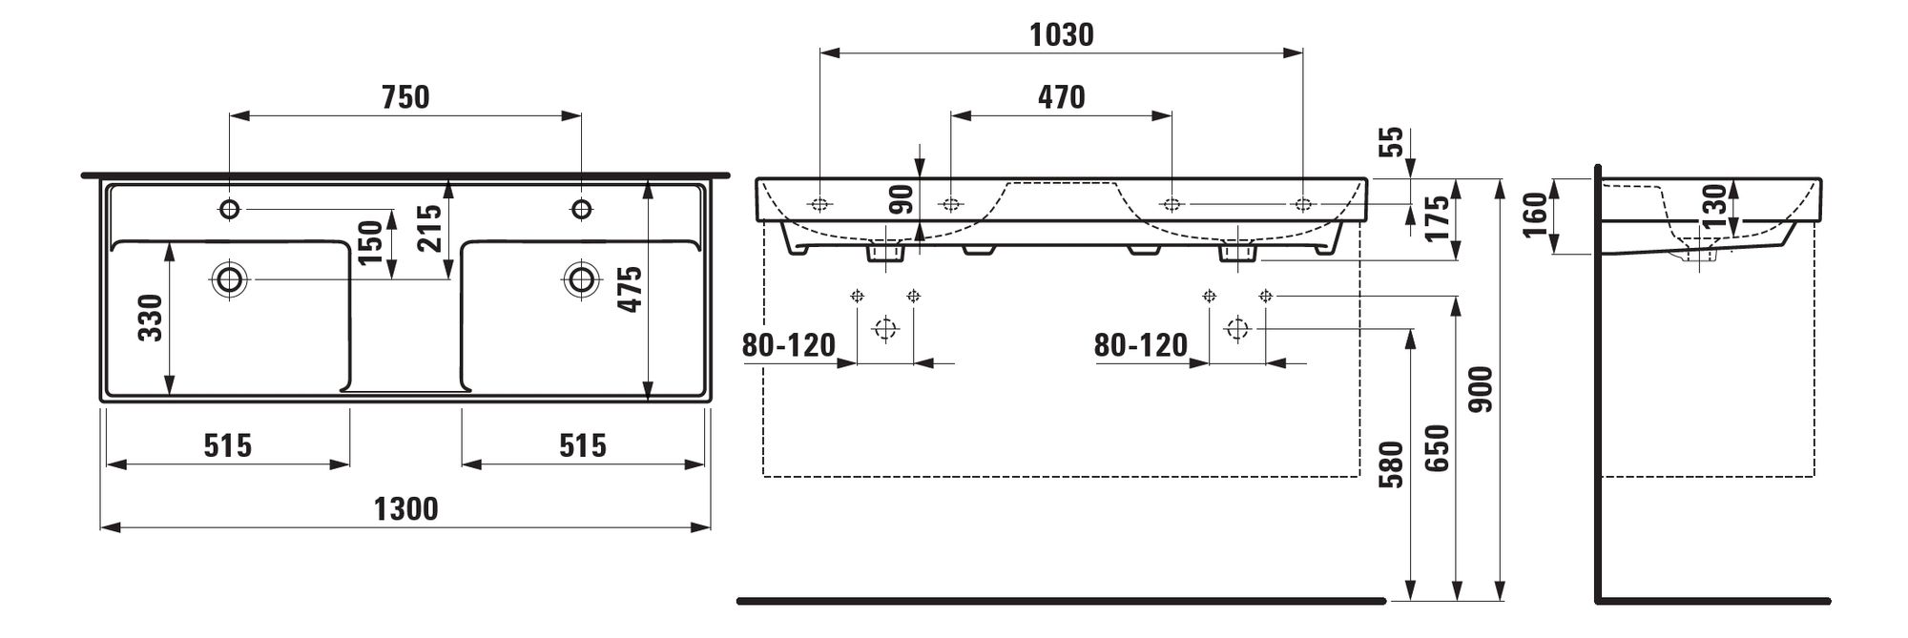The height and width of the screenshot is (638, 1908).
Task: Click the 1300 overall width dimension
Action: click(x=405, y=509)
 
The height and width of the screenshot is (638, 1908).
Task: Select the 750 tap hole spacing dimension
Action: click(x=405, y=97)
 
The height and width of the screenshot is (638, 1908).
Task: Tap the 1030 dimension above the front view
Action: click(x=1062, y=35)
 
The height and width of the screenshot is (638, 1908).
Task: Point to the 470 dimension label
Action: click(x=1061, y=97)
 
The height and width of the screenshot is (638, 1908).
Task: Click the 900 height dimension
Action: click(x=1481, y=389)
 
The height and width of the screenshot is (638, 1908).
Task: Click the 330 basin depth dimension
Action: click(x=151, y=319)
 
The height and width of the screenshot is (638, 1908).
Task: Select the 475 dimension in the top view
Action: click(x=630, y=288)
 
